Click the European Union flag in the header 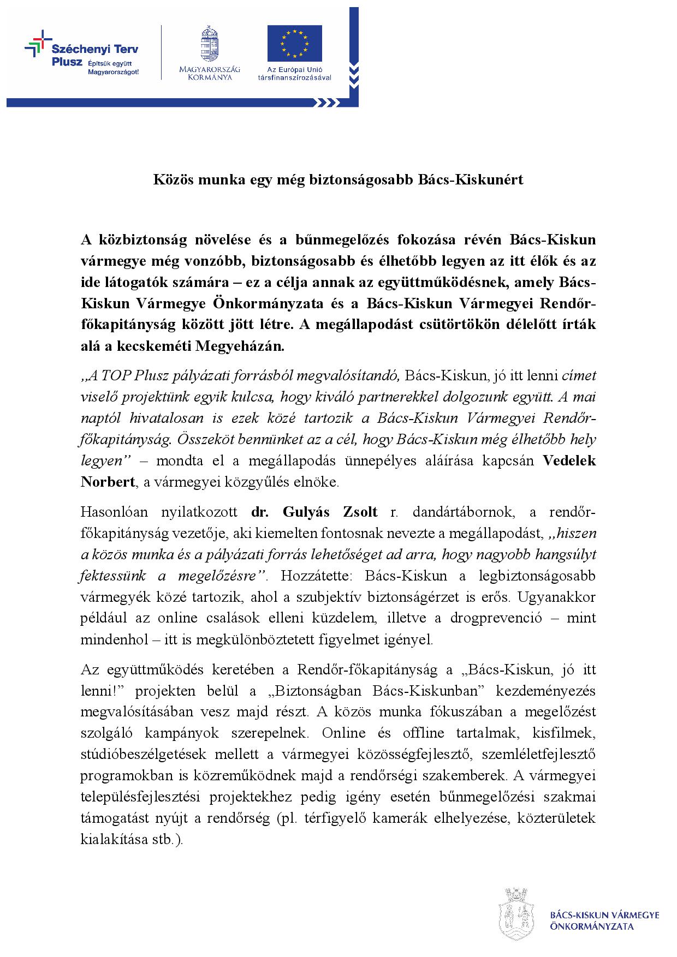(294, 44)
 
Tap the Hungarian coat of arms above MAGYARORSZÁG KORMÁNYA (209, 44)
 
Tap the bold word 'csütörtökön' (478, 325)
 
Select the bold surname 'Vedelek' (569, 460)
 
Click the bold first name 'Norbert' (108, 482)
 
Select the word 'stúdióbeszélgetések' (144, 754)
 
